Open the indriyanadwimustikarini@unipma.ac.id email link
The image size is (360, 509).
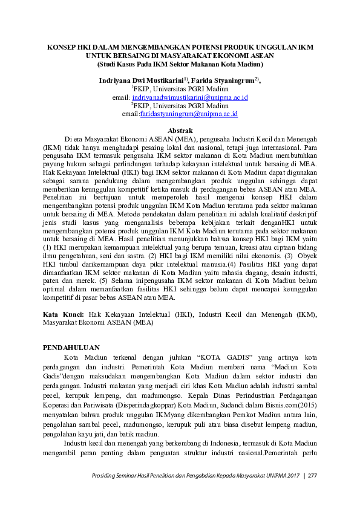(191, 97)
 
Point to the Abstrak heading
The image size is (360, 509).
(180, 131)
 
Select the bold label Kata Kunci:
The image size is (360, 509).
(64, 314)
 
